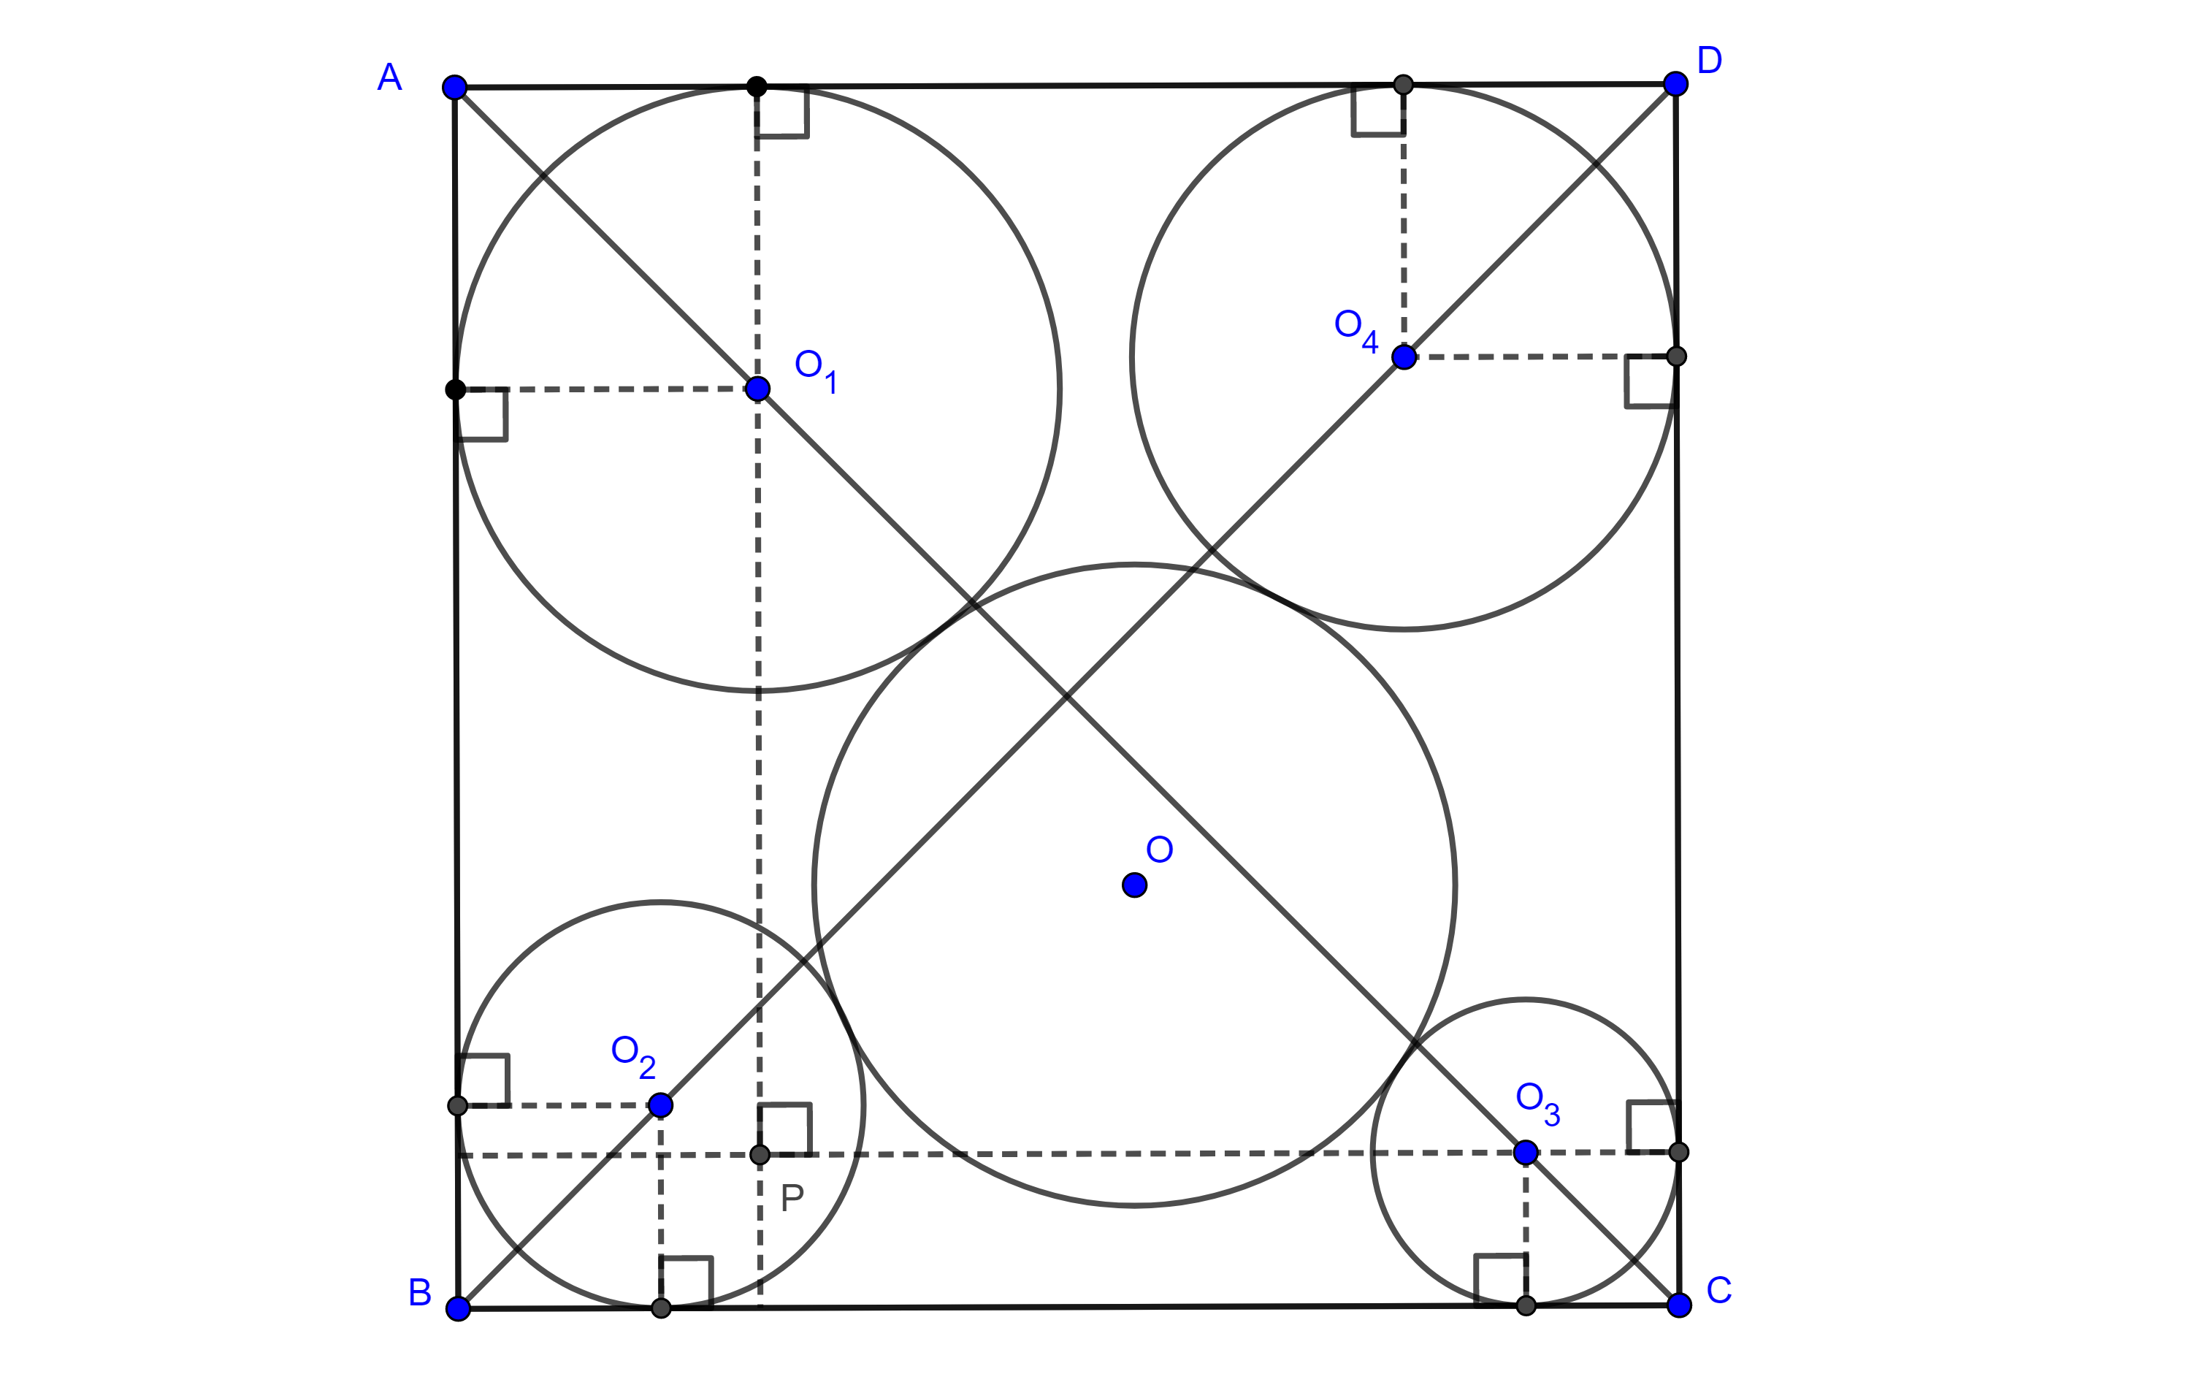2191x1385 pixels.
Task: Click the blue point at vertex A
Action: (454, 88)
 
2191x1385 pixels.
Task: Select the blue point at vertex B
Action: (458, 1308)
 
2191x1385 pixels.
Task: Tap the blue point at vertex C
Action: (1679, 1305)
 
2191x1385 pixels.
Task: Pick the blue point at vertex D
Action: (1675, 84)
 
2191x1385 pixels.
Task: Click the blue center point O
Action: (1133, 885)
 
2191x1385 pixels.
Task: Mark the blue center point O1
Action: (757, 389)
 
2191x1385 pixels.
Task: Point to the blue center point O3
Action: (1526, 1153)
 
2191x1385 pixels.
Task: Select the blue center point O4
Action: (1404, 356)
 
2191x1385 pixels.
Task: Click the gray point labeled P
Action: (760, 1155)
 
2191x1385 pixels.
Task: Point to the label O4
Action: (1355, 329)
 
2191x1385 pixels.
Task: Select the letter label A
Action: (389, 77)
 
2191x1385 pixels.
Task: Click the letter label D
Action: (1710, 61)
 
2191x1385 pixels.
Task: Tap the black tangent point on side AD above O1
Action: (756, 86)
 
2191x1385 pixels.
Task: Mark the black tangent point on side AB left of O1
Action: (456, 389)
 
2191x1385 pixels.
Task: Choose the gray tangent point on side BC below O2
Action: (662, 1308)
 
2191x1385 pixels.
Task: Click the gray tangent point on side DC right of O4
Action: (1676, 356)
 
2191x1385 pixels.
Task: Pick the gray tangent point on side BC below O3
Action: (1526, 1306)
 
